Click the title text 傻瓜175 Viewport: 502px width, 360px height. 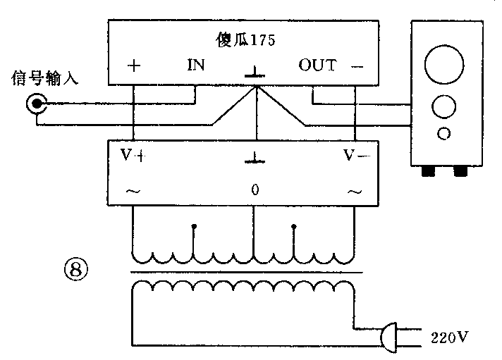[x=243, y=39]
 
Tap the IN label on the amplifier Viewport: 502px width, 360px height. [x=195, y=66]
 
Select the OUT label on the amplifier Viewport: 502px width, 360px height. [x=317, y=66]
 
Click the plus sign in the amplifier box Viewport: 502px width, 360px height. [x=134, y=66]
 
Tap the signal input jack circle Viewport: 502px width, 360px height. [x=35, y=105]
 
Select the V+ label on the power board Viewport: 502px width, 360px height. [x=132, y=156]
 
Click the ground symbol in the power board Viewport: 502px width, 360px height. [x=255, y=159]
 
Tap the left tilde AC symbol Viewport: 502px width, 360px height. [x=131, y=191]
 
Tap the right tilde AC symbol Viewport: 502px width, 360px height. [x=354, y=191]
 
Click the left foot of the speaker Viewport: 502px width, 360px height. [x=427, y=171]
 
